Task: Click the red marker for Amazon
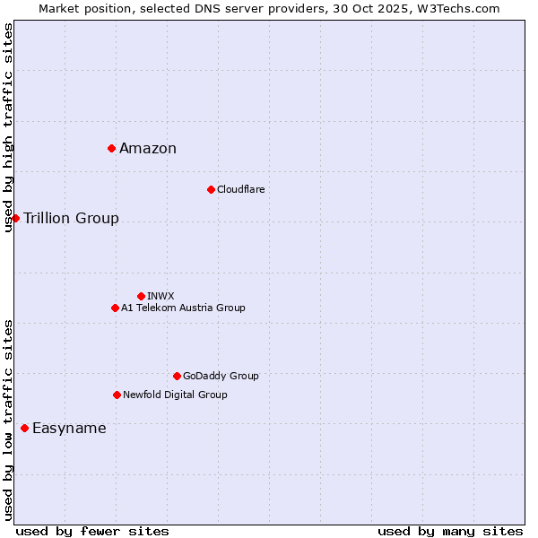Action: coord(111,148)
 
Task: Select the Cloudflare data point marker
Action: coord(211,189)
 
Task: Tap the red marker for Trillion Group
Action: coord(15,218)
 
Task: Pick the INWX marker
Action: coord(141,296)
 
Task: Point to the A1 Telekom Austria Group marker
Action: coord(115,308)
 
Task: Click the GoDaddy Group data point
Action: coord(177,376)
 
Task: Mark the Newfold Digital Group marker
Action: coord(117,395)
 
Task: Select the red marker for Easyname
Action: coord(24,428)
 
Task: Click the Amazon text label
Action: coord(148,149)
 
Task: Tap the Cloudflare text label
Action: coord(241,189)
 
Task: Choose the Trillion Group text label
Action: coord(71,219)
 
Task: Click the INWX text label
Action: coord(161,296)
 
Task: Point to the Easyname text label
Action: coord(69,429)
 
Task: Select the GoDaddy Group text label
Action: coord(221,376)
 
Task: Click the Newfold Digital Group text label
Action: coord(175,395)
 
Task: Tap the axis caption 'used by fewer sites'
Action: coord(92,531)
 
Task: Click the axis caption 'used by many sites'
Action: coord(450,531)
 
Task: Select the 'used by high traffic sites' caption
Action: coord(8,127)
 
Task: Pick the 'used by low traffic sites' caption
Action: coord(8,420)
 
